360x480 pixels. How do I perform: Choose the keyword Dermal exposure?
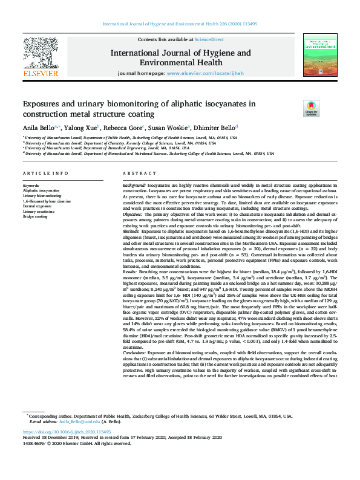click(38, 206)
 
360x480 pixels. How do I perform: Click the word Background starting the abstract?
click(134, 184)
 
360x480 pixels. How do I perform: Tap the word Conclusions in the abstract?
click(136, 368)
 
